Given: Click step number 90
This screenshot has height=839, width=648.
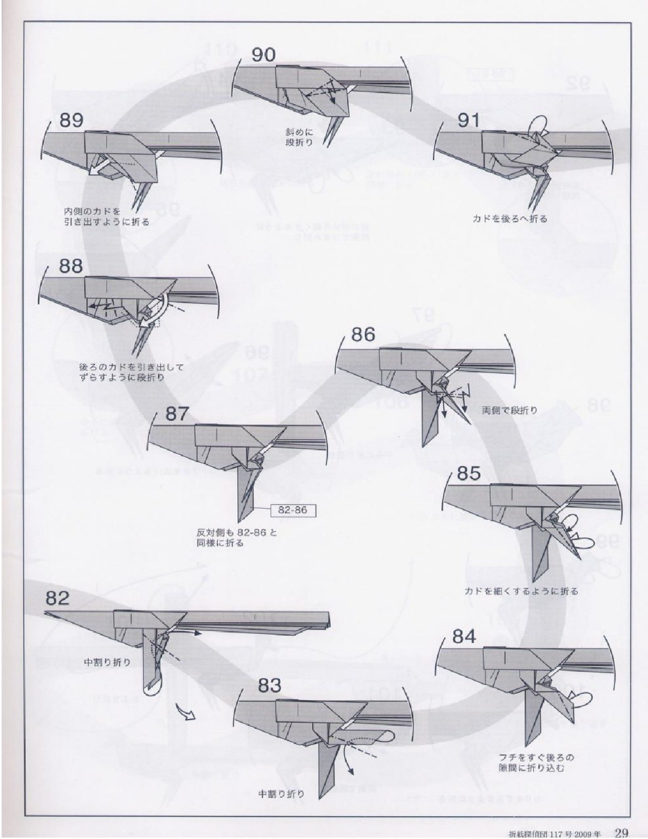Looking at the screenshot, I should (x=264, y=55).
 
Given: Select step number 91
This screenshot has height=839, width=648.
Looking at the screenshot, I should (x=469, y=120).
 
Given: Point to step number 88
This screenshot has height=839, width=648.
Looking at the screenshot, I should (x=71, y=265).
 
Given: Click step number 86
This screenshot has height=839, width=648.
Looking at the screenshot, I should (x=363, y=334).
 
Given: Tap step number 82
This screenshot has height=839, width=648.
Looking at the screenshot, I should (x=58, y=597).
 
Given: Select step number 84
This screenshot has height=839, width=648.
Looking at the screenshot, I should (x=465, y=636).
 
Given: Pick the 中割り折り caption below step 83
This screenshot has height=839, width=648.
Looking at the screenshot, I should (x=281, y=794).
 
